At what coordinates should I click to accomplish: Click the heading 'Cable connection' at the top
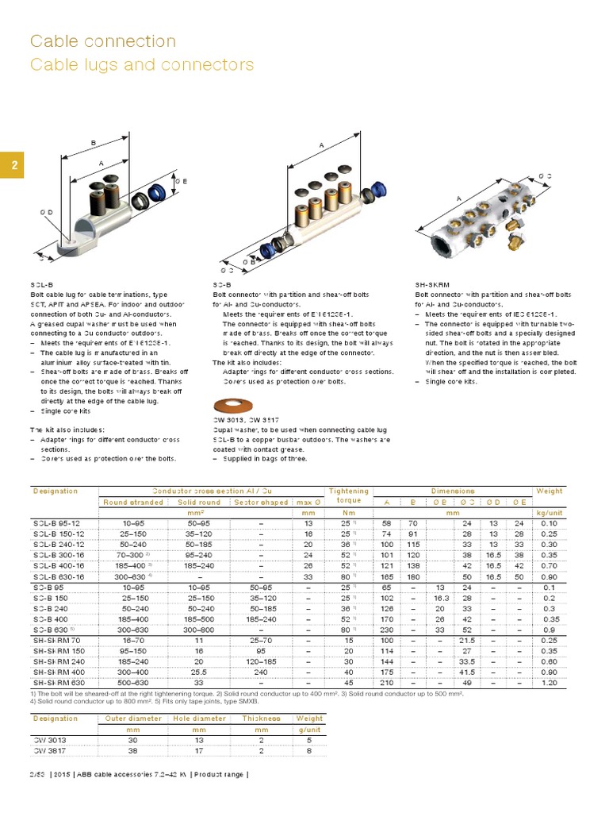pos(102,40)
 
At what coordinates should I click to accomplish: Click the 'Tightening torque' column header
pos(348,496)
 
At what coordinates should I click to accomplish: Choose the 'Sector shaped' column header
pos(262,502)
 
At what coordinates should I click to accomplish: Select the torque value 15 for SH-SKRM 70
pos(347,639)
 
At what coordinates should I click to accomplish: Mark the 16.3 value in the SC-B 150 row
pos(441,597)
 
